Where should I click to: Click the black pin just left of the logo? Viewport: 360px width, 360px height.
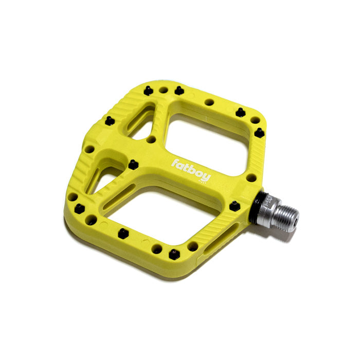click(x=133, y=165)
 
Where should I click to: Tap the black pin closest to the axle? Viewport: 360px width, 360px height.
click(x=235, y=206)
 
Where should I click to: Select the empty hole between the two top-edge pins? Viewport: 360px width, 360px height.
click(x=163, y=90)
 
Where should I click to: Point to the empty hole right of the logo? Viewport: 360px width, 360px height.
click(x=251, y=178)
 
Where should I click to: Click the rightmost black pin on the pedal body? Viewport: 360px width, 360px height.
click(x=260, y=133)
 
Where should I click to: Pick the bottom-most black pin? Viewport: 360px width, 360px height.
click(x=174, y=254)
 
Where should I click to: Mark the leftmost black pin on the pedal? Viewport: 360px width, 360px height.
click(x=79, y=208)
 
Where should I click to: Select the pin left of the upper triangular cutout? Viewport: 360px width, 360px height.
click(x=110, y=120)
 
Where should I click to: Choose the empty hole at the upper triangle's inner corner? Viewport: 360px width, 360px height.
click(x=151, y=139)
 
